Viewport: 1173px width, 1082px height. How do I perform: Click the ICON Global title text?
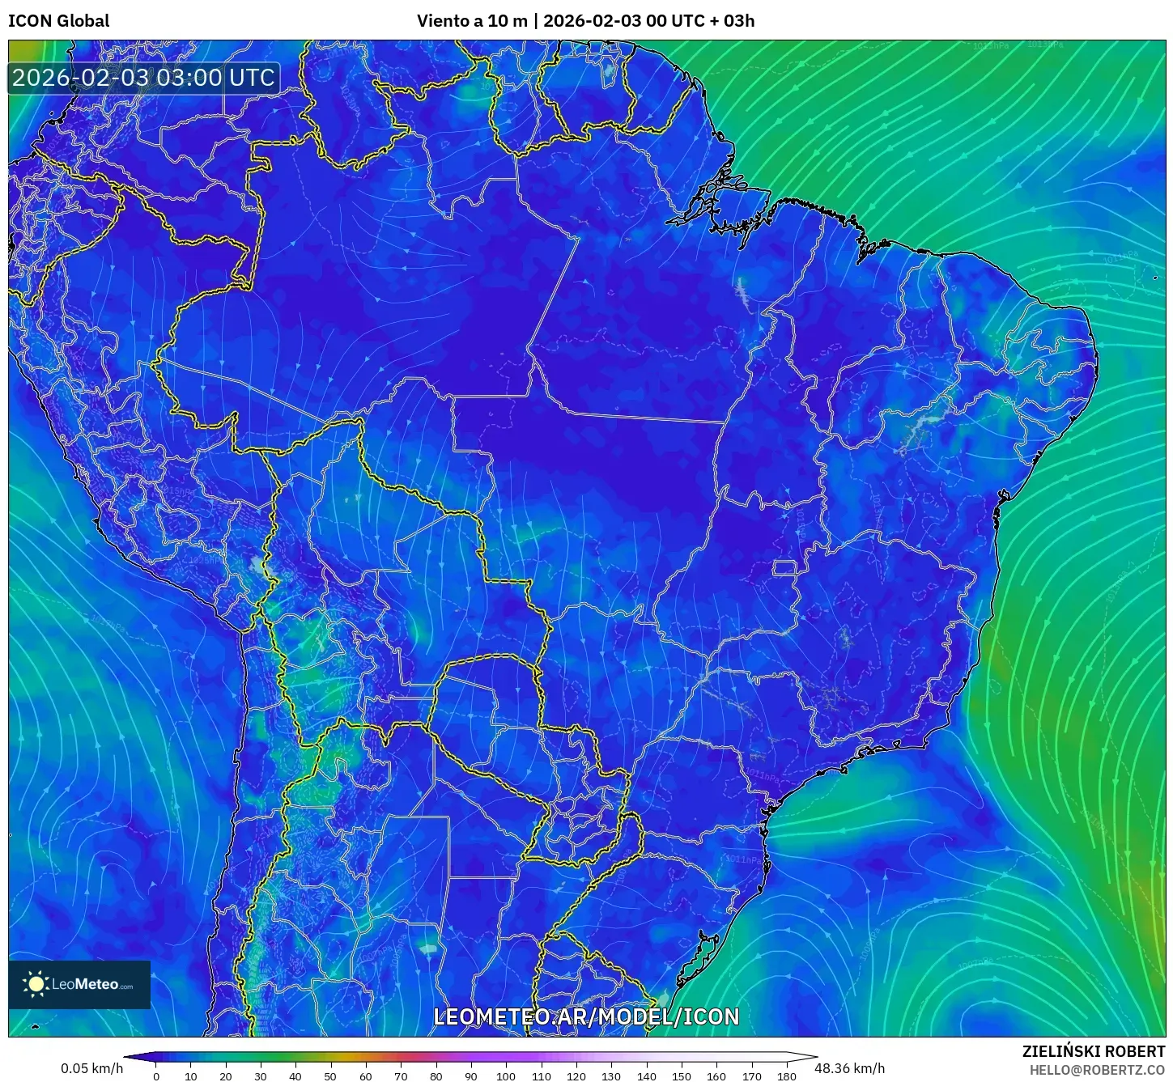coord(58,21)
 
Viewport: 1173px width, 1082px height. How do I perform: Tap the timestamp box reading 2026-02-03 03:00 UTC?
coord(143,78)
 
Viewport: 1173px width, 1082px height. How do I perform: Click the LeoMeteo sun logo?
coord(36,984)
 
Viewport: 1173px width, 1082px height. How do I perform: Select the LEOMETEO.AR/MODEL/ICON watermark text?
coord(586,1017)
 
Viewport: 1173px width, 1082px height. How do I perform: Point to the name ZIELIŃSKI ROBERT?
coord(1094,1051)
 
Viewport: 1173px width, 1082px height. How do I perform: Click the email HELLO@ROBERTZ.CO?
coord(1097,1070)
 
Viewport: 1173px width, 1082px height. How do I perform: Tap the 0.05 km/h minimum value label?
coord(91,1068)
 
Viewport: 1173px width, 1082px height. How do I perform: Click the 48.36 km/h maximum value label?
coord(849,1068)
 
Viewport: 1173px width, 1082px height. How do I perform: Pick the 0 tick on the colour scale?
coord(156,1076)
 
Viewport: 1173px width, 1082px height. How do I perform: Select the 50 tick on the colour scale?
coord(330,1076)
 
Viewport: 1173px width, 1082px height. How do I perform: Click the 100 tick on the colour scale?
coord(505,1076)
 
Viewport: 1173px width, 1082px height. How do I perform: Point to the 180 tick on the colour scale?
coord(786,1076)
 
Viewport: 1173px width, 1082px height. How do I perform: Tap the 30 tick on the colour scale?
coord(261,1076)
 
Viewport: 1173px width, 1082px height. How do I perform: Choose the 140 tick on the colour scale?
coord(646,1076)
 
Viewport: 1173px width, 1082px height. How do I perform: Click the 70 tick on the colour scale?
coord(401,1076)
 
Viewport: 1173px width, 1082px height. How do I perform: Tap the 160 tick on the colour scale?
coord(716,1076)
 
